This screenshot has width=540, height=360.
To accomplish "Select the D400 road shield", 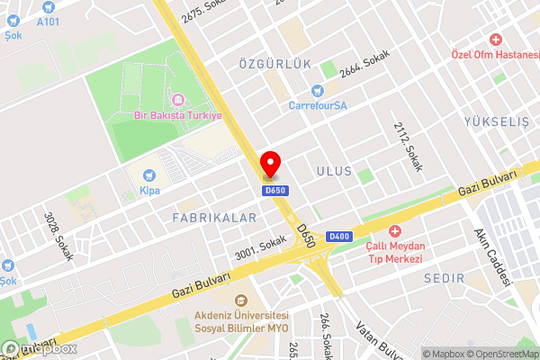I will point(338,237).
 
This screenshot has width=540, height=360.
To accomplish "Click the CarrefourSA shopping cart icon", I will point(317,90).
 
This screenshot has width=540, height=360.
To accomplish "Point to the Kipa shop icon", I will point(148,175).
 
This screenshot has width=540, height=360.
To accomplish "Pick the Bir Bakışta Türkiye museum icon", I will point(177,99).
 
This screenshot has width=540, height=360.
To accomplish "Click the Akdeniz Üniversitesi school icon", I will point(240,301).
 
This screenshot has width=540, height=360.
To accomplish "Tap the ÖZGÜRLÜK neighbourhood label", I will point(274,64).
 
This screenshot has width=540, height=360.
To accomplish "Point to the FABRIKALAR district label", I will point(214,218).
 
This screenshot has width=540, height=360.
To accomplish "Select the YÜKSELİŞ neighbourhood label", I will point(496,121).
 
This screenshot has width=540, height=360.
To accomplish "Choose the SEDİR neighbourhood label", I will point(441,279).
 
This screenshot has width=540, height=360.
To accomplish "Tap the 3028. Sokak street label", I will point(59,236).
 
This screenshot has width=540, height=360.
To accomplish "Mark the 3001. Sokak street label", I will point(261,245).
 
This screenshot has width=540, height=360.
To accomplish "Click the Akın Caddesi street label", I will point(492,251).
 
